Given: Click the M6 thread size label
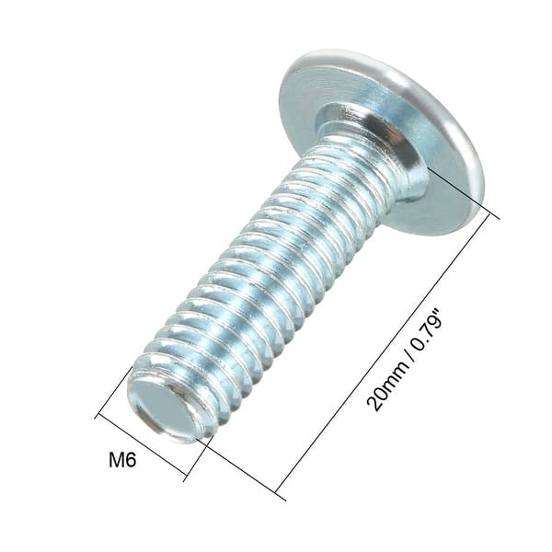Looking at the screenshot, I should (x=122, y=459).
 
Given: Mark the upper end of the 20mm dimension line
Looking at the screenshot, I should (x=498, y=217).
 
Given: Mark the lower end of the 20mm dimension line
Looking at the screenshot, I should (x=275, y=490).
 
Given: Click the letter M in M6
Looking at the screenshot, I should (x=116, y=459).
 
